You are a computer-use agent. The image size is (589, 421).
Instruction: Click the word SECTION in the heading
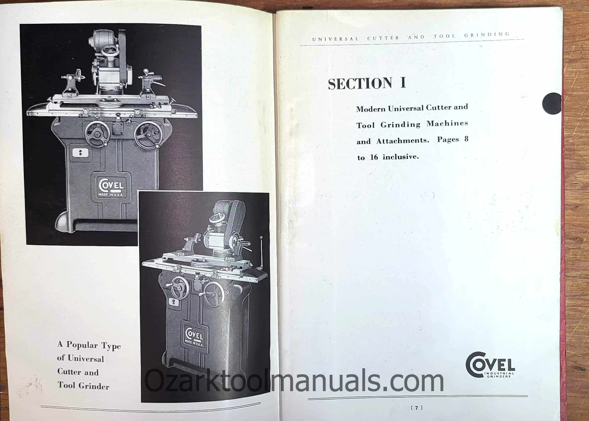360,83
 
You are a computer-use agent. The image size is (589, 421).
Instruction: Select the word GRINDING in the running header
487,34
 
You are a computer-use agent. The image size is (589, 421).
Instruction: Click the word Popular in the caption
82,345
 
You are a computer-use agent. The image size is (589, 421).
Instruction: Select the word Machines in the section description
447,123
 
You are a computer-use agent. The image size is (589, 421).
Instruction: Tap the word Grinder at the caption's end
94,387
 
